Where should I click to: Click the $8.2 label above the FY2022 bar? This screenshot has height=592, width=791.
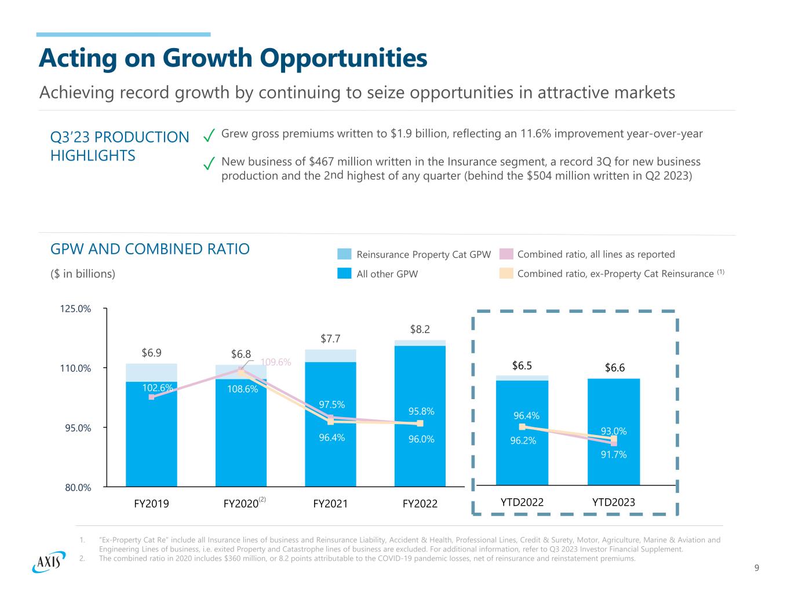(x=420, y=330)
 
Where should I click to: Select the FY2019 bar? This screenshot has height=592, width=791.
(x=151, y=429)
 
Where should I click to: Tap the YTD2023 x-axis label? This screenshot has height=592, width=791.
(x=614, y=502)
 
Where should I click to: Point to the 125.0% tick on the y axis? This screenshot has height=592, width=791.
(x=76, y=309)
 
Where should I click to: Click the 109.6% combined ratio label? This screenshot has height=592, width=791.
(x=276, y=362)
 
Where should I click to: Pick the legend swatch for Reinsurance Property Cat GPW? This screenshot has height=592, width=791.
(x=345, y=254)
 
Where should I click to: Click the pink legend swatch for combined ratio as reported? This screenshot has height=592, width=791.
(x=507, y=254)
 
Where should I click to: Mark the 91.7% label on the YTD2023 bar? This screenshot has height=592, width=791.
(x=614, y=455)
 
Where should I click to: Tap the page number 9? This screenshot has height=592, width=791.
(x=757, y=568)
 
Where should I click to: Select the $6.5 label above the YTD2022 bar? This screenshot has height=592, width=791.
(x=522, y=366)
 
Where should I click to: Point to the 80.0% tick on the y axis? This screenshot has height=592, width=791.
(x=77, y=487)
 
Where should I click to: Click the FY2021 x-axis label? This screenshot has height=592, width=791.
(x=330, y=503)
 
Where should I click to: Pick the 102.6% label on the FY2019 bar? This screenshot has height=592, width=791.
(x=158, y=388)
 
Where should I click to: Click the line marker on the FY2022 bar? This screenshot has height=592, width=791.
(x=420, y=423)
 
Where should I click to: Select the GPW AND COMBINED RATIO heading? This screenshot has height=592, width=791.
(x=150, y=249)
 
